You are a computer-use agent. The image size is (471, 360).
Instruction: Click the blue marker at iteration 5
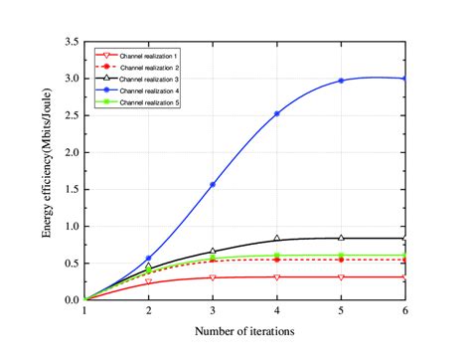(x=341, y=81)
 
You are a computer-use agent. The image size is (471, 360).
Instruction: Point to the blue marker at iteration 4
(x=277, y=113)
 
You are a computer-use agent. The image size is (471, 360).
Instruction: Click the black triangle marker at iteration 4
(x=277, y=239)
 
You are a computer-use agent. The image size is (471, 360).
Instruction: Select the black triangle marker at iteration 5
(x=341, y=238)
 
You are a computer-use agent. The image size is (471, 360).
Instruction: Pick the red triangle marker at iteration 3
(x=213, y=277)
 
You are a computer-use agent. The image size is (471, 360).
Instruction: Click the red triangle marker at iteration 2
(x=149, y=281)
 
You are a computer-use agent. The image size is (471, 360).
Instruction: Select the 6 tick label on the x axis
(x=405, y=311)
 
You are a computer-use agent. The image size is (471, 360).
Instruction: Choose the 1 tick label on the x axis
(x=85, y=311)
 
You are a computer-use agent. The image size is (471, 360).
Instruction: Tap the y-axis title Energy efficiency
(x=47, y=171)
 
